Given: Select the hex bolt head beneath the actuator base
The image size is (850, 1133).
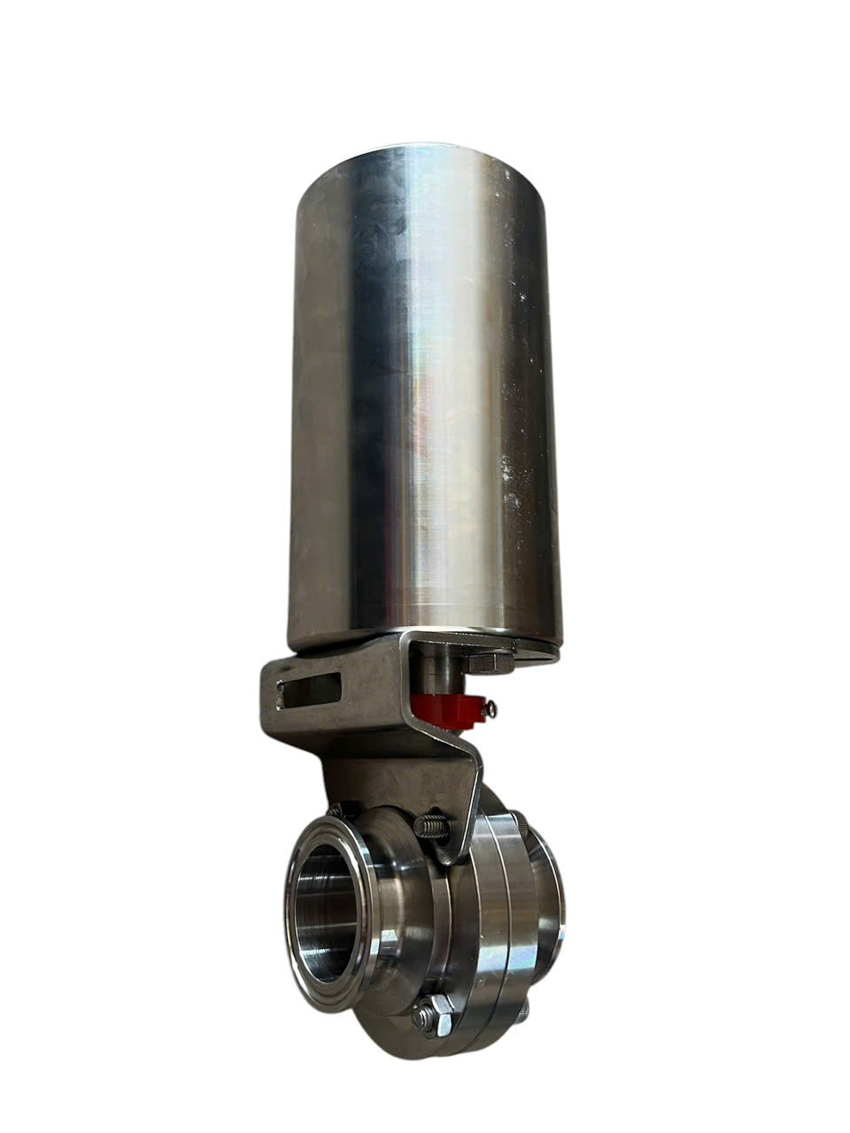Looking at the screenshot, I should point(488,664).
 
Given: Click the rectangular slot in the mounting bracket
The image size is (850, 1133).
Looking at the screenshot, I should point(310,689).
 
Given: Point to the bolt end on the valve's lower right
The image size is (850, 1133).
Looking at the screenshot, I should point(524,1008).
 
